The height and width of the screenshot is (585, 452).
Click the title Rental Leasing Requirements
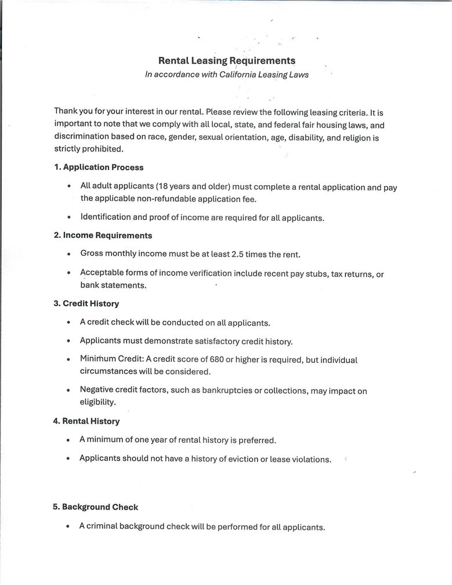click(227, 60)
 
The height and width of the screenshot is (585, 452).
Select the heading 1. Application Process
click(99, 167)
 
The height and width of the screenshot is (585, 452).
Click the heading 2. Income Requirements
click(103, 236)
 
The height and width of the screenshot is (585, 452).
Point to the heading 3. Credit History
click(86, 304)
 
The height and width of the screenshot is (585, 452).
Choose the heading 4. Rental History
click(86, 421)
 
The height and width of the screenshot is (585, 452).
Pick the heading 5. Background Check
click(96, 507)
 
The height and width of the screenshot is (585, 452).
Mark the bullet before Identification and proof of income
click(68, 218)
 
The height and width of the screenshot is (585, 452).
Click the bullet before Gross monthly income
click(68, 254)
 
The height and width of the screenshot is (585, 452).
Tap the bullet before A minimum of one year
click(68, 440)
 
